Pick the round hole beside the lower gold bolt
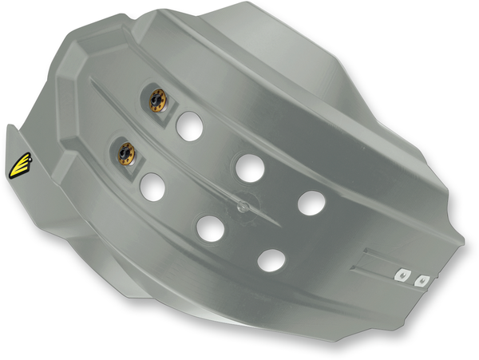152,186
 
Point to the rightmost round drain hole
311,201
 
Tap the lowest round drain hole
271,259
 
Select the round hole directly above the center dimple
249,166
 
